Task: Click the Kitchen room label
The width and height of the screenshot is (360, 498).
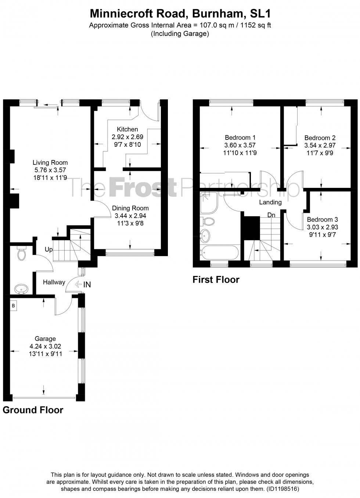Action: click(127, 129)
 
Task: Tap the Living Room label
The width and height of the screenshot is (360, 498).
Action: click(50, 163)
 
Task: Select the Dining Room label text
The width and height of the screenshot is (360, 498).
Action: click(130, 208)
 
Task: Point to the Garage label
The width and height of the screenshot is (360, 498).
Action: click(45, 339)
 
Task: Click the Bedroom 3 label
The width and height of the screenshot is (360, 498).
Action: click(322, 219)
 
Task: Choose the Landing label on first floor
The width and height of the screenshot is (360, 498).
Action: click(270, 202)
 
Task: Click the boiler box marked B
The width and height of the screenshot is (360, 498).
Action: click(13, 306)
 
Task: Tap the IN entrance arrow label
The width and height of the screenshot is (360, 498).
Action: click(83, 284)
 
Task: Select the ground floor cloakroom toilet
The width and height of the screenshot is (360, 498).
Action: click(22, 252)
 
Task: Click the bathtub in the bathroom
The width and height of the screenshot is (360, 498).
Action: click(219, 252)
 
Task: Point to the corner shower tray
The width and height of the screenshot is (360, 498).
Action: click(209, 203)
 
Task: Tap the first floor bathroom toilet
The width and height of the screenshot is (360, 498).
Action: click(207, 221)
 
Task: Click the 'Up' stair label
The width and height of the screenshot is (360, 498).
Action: click(49, 250)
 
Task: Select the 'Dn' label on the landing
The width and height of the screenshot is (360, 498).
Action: click(271, 215)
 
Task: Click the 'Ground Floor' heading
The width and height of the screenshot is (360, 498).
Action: click(33, 410)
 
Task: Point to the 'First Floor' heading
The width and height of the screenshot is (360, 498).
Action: click(216, 279)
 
